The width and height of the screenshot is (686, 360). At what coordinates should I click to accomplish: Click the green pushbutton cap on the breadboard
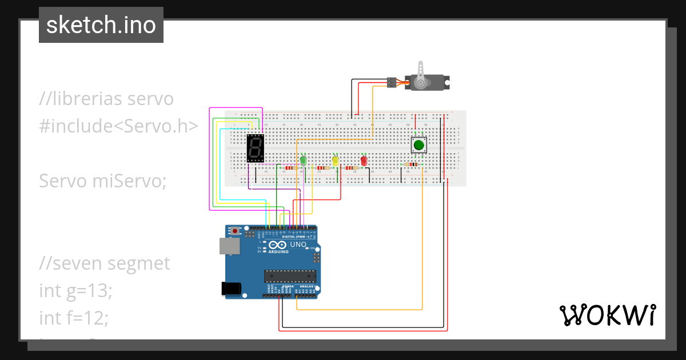tap(419, 145)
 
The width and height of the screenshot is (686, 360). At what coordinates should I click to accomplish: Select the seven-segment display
tap(255, 149)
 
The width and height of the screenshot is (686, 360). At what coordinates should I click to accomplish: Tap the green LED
tap(304, 162)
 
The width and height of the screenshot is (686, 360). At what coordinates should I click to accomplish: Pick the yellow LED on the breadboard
tap(336, 162)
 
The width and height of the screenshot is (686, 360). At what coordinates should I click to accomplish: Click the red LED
tap(364, 161)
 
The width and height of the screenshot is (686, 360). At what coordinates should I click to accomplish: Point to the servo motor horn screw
tap(421, 83)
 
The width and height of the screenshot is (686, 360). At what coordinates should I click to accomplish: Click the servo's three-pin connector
tap(392, 82)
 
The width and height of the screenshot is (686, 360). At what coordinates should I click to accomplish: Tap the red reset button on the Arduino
tap(235, 231)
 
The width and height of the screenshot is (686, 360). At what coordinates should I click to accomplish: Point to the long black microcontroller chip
tap(290, 276)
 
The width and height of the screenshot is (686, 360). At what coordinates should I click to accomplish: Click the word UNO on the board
tap(298, 245)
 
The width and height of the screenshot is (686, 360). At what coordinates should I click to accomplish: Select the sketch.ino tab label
tap(101, 25)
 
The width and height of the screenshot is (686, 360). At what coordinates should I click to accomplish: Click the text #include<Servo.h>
tap(119, 126)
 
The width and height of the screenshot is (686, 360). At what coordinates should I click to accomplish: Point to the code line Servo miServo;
tap(102, 181)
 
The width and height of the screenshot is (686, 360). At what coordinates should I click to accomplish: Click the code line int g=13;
tap(76, 290)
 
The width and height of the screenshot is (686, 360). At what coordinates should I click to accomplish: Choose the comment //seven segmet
tap(105, 263)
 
